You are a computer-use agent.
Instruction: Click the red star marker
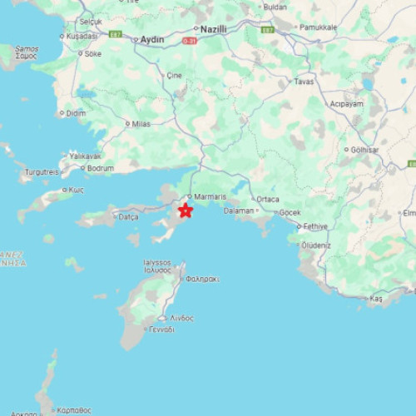pos(186,210)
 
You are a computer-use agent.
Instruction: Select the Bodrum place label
pos(101,168)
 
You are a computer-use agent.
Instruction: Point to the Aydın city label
pos(152,39)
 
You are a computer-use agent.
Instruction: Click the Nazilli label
pos(220,27)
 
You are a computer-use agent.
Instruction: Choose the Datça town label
pos(129,217)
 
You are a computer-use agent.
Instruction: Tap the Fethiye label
pos(315,226)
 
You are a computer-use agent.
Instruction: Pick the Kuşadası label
pos(82,36)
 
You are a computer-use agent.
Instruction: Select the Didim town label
pos(76,112)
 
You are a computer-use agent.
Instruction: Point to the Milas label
pos(141,124)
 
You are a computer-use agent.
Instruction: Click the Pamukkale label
pos(319,27)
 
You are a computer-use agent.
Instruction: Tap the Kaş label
pos(376,298)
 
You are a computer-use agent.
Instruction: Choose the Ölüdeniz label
pos(316,245)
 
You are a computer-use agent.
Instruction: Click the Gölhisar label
pos(365,150)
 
